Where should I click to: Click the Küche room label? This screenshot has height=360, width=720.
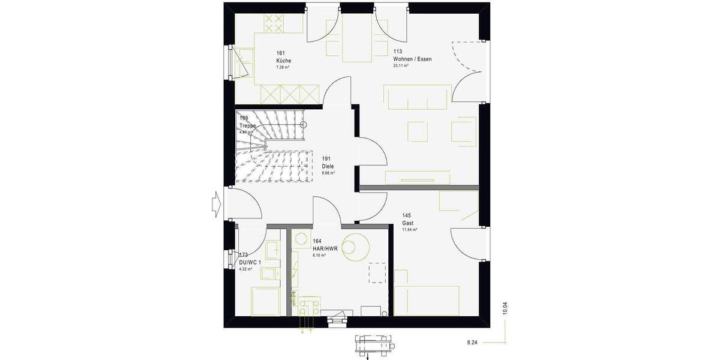tap(283, 61)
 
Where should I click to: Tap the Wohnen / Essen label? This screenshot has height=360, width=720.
tap(412, 59)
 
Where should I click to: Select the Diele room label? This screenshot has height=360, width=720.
tap(328, 166)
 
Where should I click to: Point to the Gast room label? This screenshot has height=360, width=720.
tap(407, 223)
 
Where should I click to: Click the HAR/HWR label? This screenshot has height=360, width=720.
tap(325, 248)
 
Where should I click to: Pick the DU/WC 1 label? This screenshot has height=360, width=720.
tap(250, 263)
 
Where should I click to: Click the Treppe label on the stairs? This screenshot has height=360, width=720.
tap(248, 125)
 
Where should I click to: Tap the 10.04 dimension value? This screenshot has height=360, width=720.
tap(505, 308)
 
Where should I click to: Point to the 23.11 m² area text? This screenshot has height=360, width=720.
tap(401, 66)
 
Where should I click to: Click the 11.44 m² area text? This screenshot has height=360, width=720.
tap(409, 229)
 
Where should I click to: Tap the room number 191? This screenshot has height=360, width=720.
tap(326, 159)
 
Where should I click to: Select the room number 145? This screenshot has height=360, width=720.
tap(407, 215)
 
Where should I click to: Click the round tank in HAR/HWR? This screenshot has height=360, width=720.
tap(355, 245)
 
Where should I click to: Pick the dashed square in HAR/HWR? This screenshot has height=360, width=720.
tap(377, 272)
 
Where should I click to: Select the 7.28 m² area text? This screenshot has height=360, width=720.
tap(283, 67)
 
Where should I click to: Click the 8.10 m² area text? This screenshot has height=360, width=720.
tap(319, 255)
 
